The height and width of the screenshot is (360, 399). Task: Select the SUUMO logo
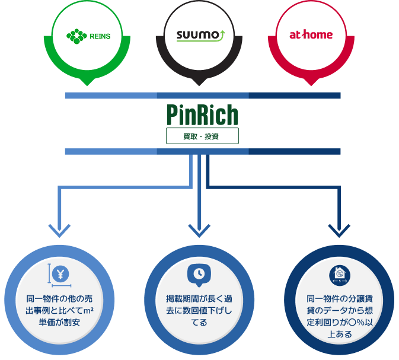199,36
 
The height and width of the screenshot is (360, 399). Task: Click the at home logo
311,35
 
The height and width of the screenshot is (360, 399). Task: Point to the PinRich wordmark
202,114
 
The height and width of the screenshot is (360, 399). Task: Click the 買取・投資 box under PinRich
202,136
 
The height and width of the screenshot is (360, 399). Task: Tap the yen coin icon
61,274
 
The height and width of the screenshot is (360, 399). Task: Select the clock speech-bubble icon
199,274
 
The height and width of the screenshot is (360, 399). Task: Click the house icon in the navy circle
339,274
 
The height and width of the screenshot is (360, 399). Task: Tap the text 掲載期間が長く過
199,298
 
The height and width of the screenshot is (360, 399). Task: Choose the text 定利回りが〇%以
339,322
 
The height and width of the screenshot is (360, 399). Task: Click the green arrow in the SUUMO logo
222,35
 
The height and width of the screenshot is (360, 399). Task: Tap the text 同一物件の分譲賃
339,298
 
